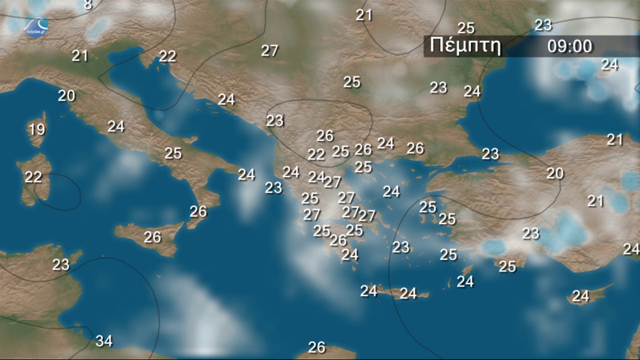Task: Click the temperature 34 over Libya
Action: pos(104,341)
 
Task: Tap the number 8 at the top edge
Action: pos(88,5)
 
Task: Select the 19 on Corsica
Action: pos(36,130)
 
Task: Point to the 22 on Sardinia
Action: pos(33,177)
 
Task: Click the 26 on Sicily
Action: pos(152,237)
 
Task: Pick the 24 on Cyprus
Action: pos(580,296)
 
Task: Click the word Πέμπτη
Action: pos(465,46)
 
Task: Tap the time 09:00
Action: pos(569,46)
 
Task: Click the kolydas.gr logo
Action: pos(36,25)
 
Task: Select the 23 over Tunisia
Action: pos(61,264)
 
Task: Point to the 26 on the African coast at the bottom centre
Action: pos(316,347)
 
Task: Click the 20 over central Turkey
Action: pos(555,173)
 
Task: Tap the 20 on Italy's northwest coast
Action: pos(66,95)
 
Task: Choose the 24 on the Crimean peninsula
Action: pos(609,64)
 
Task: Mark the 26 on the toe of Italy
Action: pos(198,211)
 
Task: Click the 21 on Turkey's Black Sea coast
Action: pos(615,139)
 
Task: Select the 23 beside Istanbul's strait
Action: pos(490,154)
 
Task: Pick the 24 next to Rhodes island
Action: pos(465,281)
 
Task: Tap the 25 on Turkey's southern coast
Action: pos(507,266)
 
